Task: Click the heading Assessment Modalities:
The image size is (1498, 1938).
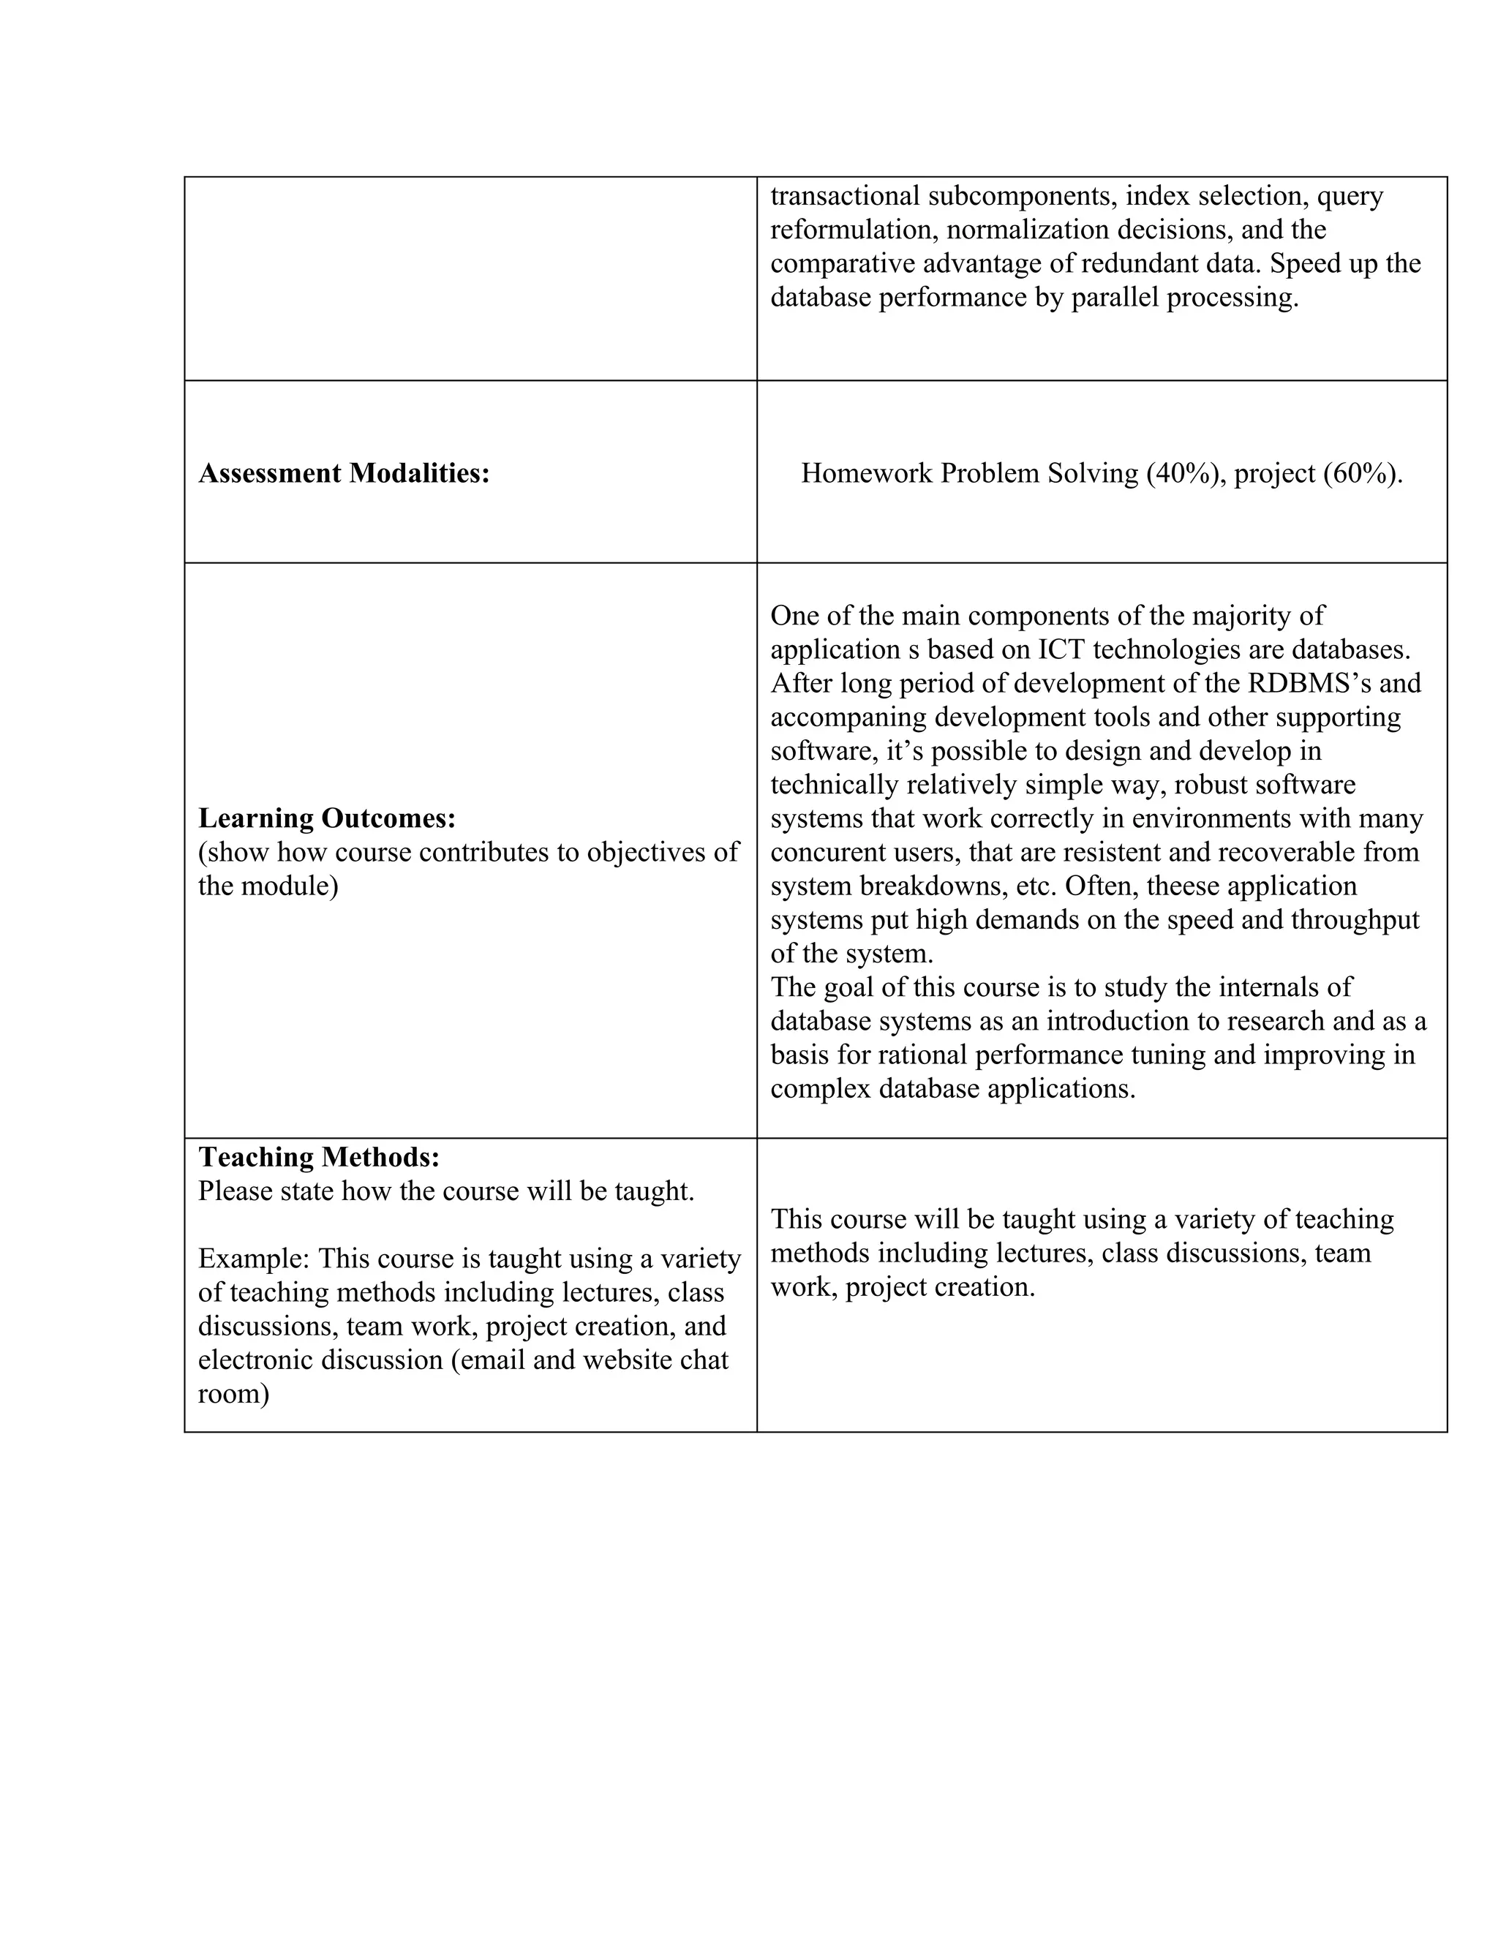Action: (344, 474)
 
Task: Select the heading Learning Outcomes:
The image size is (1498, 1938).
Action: (326, 818)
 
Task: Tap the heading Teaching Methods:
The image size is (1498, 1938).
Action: (319, 1157)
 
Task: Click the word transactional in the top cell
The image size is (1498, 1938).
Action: (844, 195)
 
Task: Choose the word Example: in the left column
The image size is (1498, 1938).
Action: (254, 1259)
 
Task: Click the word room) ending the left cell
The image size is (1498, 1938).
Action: (233, 1393)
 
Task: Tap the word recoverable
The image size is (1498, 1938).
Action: (1290, 852)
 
